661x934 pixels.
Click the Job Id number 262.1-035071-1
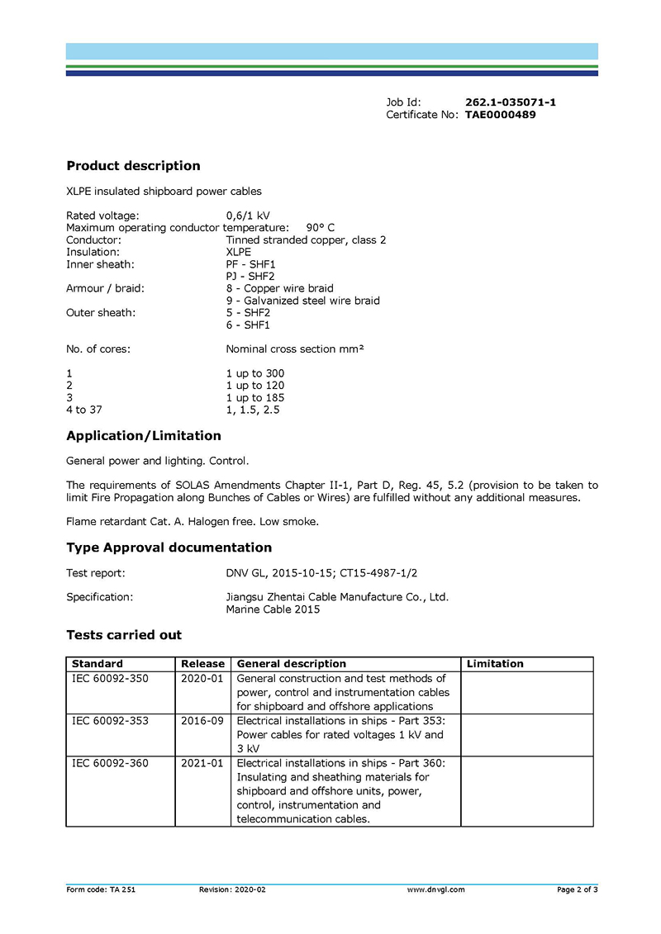point(510,102)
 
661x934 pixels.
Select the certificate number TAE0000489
point(500,115)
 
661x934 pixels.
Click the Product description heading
point(133,166)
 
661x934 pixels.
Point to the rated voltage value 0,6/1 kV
point(248,216)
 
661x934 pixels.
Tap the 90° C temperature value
point(321,228)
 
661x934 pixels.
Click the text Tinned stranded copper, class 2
point(306,240)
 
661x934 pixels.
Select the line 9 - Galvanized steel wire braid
point(302,301)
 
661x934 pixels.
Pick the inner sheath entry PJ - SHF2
point(250,277)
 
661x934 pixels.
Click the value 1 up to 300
point(254,373)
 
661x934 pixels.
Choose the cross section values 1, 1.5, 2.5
point(252,410)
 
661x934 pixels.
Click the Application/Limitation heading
point(144,436)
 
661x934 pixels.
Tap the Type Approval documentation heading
point(169,548)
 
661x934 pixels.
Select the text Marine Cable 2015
point(273,610)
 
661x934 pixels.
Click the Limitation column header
point(495,664)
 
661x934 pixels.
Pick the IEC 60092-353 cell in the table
point(111,721)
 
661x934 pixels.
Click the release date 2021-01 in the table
point(202,763)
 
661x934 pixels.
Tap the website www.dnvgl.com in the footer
point(435,889)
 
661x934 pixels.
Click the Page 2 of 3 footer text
point(577,889)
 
